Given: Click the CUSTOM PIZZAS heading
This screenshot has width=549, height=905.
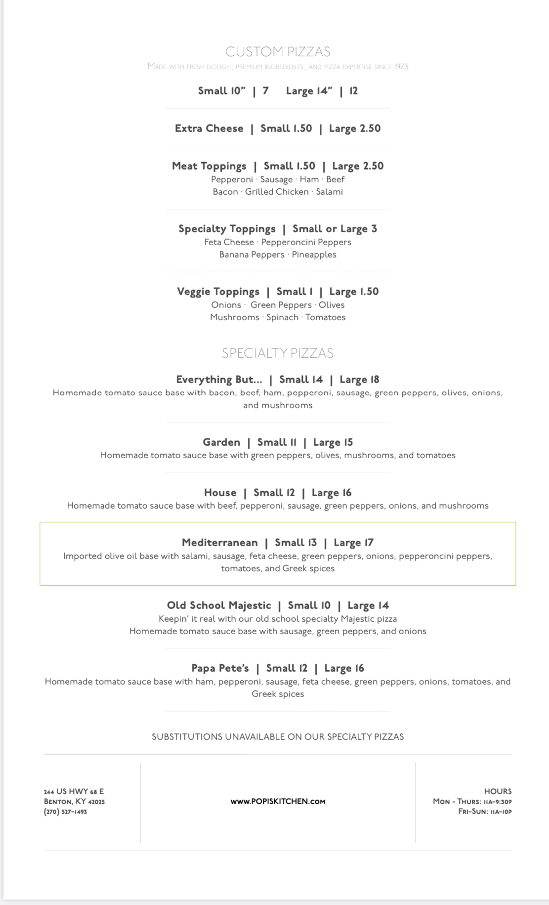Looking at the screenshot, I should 278,51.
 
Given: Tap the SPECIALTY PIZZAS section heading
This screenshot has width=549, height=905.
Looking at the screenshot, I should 278,353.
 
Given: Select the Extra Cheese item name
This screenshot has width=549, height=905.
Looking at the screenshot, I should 209,129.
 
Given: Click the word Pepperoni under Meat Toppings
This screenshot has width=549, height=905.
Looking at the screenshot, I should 232,179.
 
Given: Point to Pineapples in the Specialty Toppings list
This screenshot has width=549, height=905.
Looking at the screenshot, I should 314,255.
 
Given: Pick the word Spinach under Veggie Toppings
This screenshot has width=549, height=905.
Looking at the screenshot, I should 282,317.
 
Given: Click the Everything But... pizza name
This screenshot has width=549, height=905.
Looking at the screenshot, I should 219,380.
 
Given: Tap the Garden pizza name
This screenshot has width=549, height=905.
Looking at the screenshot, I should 221,442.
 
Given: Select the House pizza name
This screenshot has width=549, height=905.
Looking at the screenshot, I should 220,493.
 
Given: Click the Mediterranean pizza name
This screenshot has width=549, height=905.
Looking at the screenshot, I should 219,543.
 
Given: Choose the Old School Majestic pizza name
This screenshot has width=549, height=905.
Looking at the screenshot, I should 219,605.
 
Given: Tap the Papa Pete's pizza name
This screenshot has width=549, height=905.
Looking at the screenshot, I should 220,668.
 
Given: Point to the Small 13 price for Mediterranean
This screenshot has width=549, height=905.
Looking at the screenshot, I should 296,543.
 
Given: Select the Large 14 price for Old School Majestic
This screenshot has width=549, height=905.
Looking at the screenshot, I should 368,605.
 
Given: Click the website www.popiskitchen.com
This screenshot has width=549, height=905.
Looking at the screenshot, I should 278,802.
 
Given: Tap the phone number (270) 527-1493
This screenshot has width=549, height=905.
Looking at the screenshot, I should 65,812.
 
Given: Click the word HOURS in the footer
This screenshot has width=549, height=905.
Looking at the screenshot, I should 498,791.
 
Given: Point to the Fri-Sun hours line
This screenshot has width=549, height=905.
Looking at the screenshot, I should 485,812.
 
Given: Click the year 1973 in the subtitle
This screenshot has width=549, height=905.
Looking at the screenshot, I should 401,67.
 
